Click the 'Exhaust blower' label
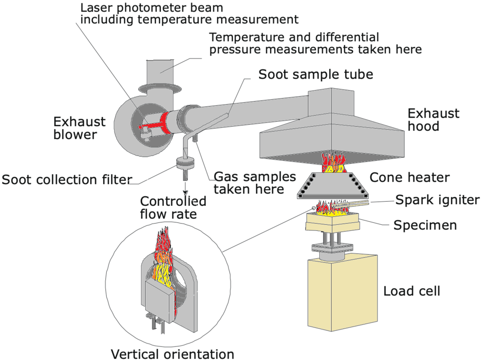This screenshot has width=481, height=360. tap(80, 128)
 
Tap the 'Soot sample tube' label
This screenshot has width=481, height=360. tap(316, 75)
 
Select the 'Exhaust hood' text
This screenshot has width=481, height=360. tap(433, 120)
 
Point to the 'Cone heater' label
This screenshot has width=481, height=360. tap(410, 177)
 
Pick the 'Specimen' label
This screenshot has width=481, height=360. tap(425, 225)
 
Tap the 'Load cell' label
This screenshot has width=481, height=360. tap(411, 291)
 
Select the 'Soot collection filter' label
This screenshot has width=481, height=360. tap(67, 179)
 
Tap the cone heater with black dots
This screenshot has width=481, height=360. tap(334, 185)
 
